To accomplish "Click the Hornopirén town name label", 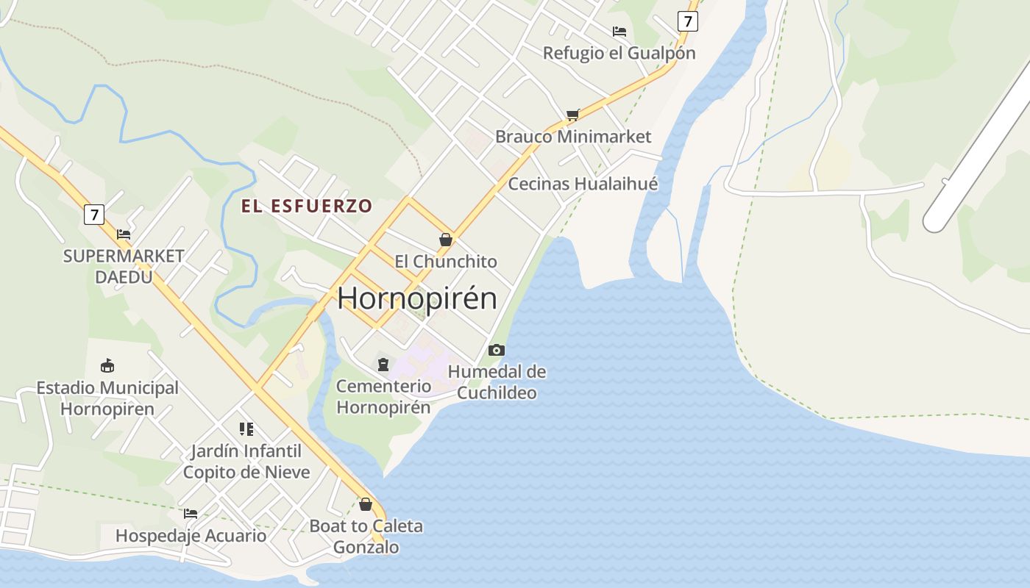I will (x=417, y=298).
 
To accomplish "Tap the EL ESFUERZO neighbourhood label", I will (x=307, y=206).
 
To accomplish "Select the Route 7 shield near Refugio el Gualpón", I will (x=687, y=21).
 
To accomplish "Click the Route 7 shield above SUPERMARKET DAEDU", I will (x=93, y=215).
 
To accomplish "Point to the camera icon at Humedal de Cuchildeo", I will (x=497, y=350).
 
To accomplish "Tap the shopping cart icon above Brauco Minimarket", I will (x=573, y=115).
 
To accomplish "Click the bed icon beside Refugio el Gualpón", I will (x=619, y=32).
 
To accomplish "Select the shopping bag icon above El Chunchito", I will (x=445, y=240).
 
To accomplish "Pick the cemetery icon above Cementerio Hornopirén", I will (x=383, y=364).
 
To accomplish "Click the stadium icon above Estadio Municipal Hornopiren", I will (x=107, y=365).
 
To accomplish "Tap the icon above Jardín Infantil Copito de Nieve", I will (x=246, y=429).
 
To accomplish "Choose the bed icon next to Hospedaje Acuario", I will (x=191, y=513).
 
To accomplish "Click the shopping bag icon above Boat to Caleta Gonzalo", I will (x=366, y=504).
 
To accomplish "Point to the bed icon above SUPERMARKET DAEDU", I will (x=124, y=234).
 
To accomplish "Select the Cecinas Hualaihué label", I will (x=583, y=184).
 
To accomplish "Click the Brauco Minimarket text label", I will (x=573, y=137).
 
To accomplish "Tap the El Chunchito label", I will (x=446, y=262).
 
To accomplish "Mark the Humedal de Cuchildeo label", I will (x=497, y=382).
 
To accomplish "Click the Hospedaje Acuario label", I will (x=191, y=536).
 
